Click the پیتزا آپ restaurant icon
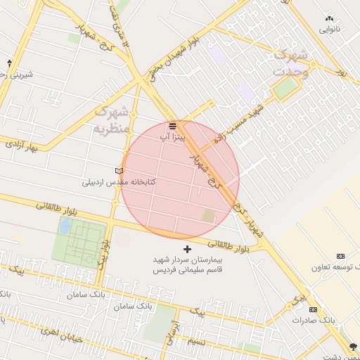172,126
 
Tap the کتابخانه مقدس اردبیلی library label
119,182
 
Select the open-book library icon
119,171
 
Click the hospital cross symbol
187,250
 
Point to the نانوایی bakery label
330,30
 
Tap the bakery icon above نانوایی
330,18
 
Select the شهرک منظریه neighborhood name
112,120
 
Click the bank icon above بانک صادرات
313,309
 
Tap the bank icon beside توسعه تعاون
341,256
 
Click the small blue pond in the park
65,226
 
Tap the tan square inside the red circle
208,216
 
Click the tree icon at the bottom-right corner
352,346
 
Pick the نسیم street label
198,341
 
